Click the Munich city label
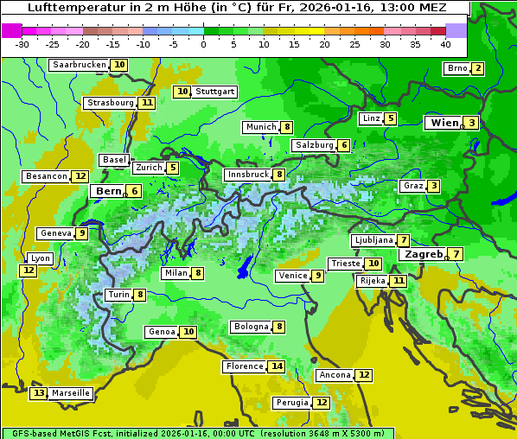click(x=260, y=127)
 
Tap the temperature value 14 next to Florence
click(x=277, y=366)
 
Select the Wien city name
click(x=444, y=123)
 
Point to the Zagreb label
click(x=424, y=254)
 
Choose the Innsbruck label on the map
click(x=247, y=175)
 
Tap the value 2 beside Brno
click(x=477, y=69)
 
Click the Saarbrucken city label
click(x=79, y=65)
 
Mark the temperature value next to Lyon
click(x=29, y=270)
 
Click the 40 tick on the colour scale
click(x=445, y=44)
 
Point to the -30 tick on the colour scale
click(x=22, y=44)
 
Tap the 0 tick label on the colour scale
click(x=203, y=44)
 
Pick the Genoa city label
click(x=162, y=332)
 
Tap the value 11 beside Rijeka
click(x=398, y=281)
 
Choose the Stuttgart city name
click(x=214, y=92)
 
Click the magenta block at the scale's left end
click(x=11, y=29)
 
